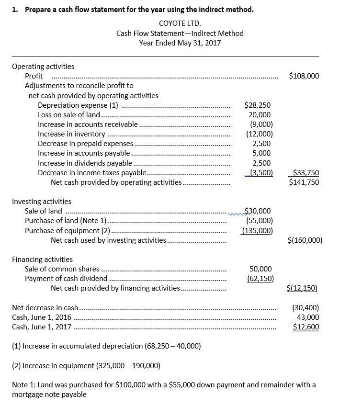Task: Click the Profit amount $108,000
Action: click(304, 76)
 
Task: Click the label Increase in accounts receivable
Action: click(88, 124)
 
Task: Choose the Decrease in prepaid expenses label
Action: click(86, 143)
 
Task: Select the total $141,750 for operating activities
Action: click(304, 182)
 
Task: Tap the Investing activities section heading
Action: click(41, 202)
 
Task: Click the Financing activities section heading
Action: click(42, 259)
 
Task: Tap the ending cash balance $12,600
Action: click(306, 327)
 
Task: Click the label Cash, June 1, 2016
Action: click(42, 317)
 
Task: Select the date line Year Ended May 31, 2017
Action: click(180, 43)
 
